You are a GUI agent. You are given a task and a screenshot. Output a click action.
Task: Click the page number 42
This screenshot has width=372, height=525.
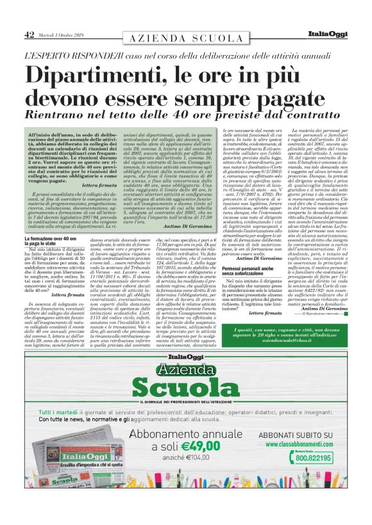click(x=28, y=34)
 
